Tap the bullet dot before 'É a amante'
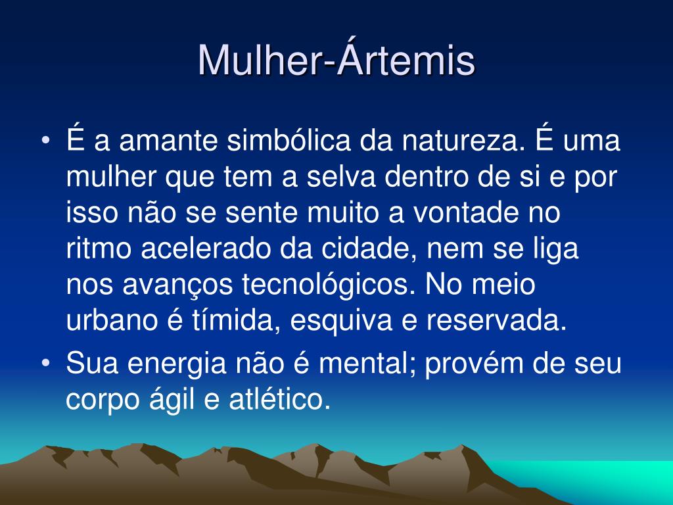46,141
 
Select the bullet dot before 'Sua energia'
46,363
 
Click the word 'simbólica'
289,140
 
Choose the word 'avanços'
177,285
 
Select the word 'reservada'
496,320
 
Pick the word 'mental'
367,362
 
